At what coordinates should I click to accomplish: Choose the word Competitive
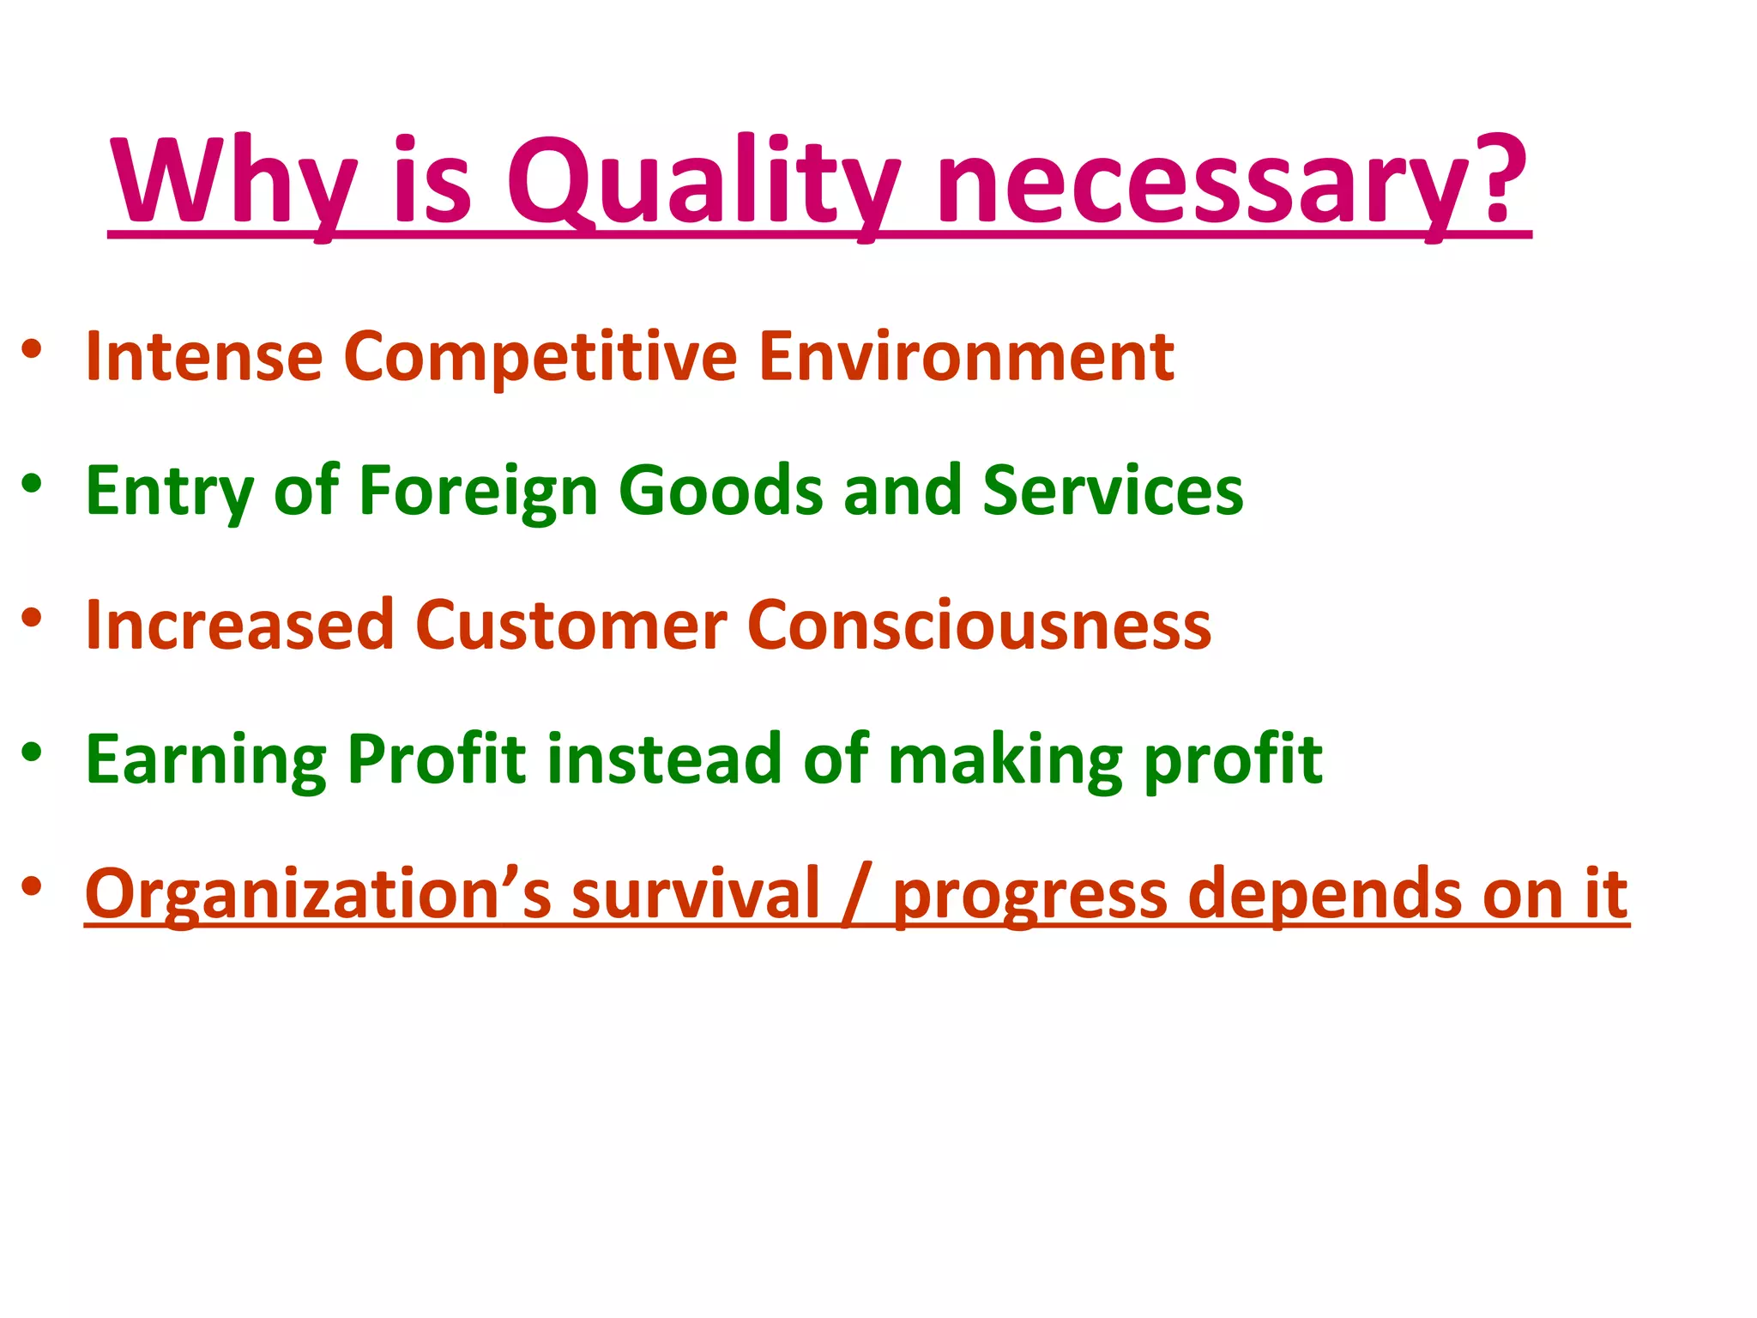(540, 359)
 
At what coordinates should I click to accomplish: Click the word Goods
(721, 490)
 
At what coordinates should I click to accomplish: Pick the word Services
(1113, 490)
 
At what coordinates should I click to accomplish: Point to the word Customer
(571, 625)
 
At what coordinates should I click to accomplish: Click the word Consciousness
(979, 625)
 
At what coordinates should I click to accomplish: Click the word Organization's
(318, 894)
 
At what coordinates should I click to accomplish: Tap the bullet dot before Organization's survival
(32, 886)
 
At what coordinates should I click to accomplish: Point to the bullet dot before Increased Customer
(32, 618)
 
